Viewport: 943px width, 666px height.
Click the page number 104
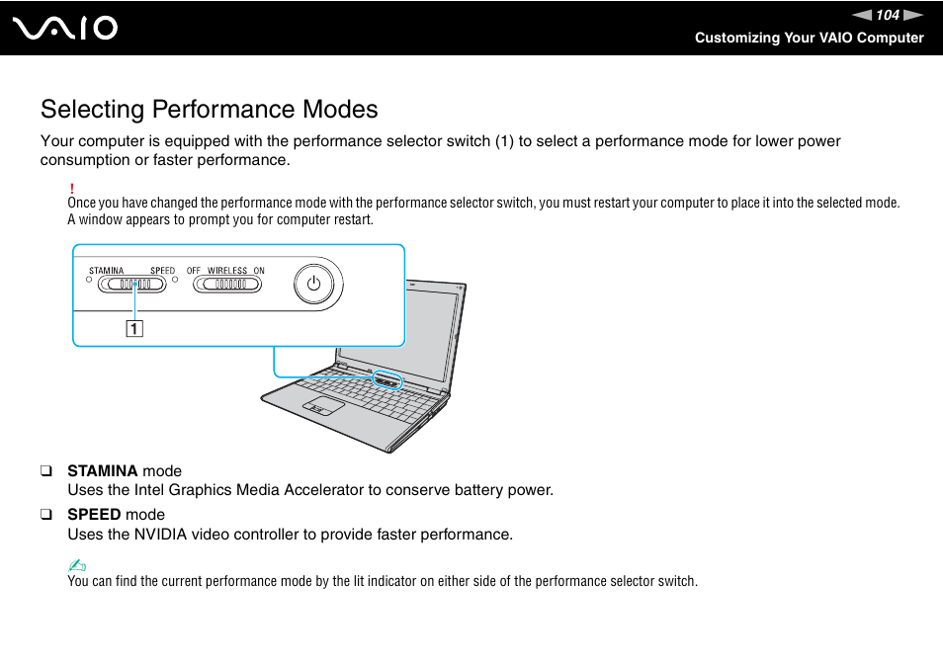(888, 15)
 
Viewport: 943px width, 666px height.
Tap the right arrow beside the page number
(913, 15)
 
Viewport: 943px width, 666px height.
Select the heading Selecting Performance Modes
(209, 109)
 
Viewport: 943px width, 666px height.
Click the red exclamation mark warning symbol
(72, 188)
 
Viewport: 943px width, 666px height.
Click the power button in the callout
(313, 284)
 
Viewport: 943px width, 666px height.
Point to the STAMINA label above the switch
(106, 271)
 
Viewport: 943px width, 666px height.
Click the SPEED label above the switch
(162, 271)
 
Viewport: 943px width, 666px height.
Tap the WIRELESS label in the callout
(227, 271)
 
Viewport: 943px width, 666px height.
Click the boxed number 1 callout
(133, 329)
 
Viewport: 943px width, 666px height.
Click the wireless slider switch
(227, 285)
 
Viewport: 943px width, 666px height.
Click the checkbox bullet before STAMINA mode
(45, 471)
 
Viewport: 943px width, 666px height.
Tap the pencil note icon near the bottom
(77, 565)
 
